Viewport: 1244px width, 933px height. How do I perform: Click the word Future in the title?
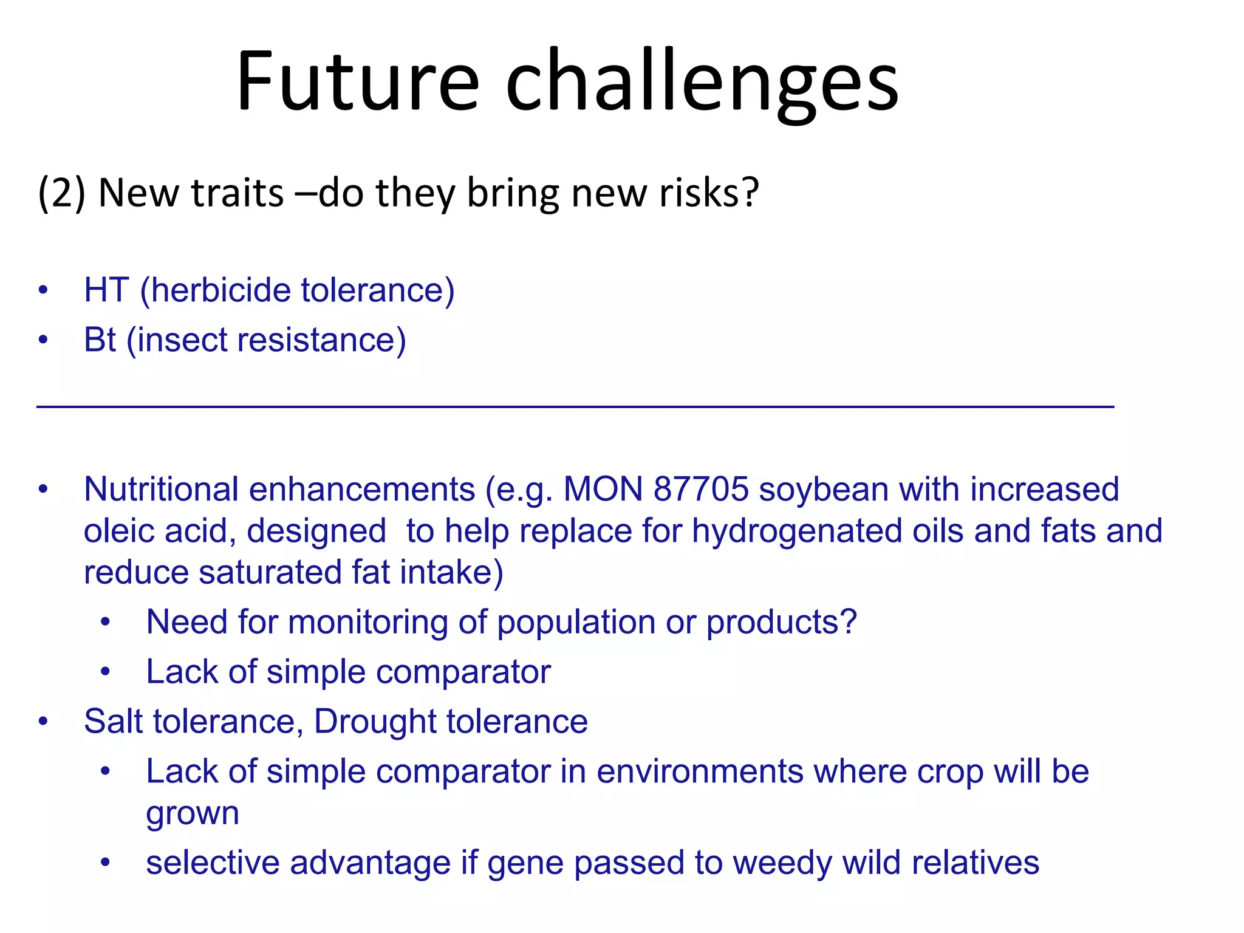point(358,82)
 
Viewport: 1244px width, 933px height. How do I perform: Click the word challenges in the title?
point(702,82)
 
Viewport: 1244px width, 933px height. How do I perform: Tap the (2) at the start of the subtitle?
point(61,193)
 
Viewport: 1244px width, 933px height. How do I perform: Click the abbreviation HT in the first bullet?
point(106,290)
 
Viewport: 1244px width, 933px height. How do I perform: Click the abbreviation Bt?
point(100,340)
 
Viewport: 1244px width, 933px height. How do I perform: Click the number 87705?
point(701,490)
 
